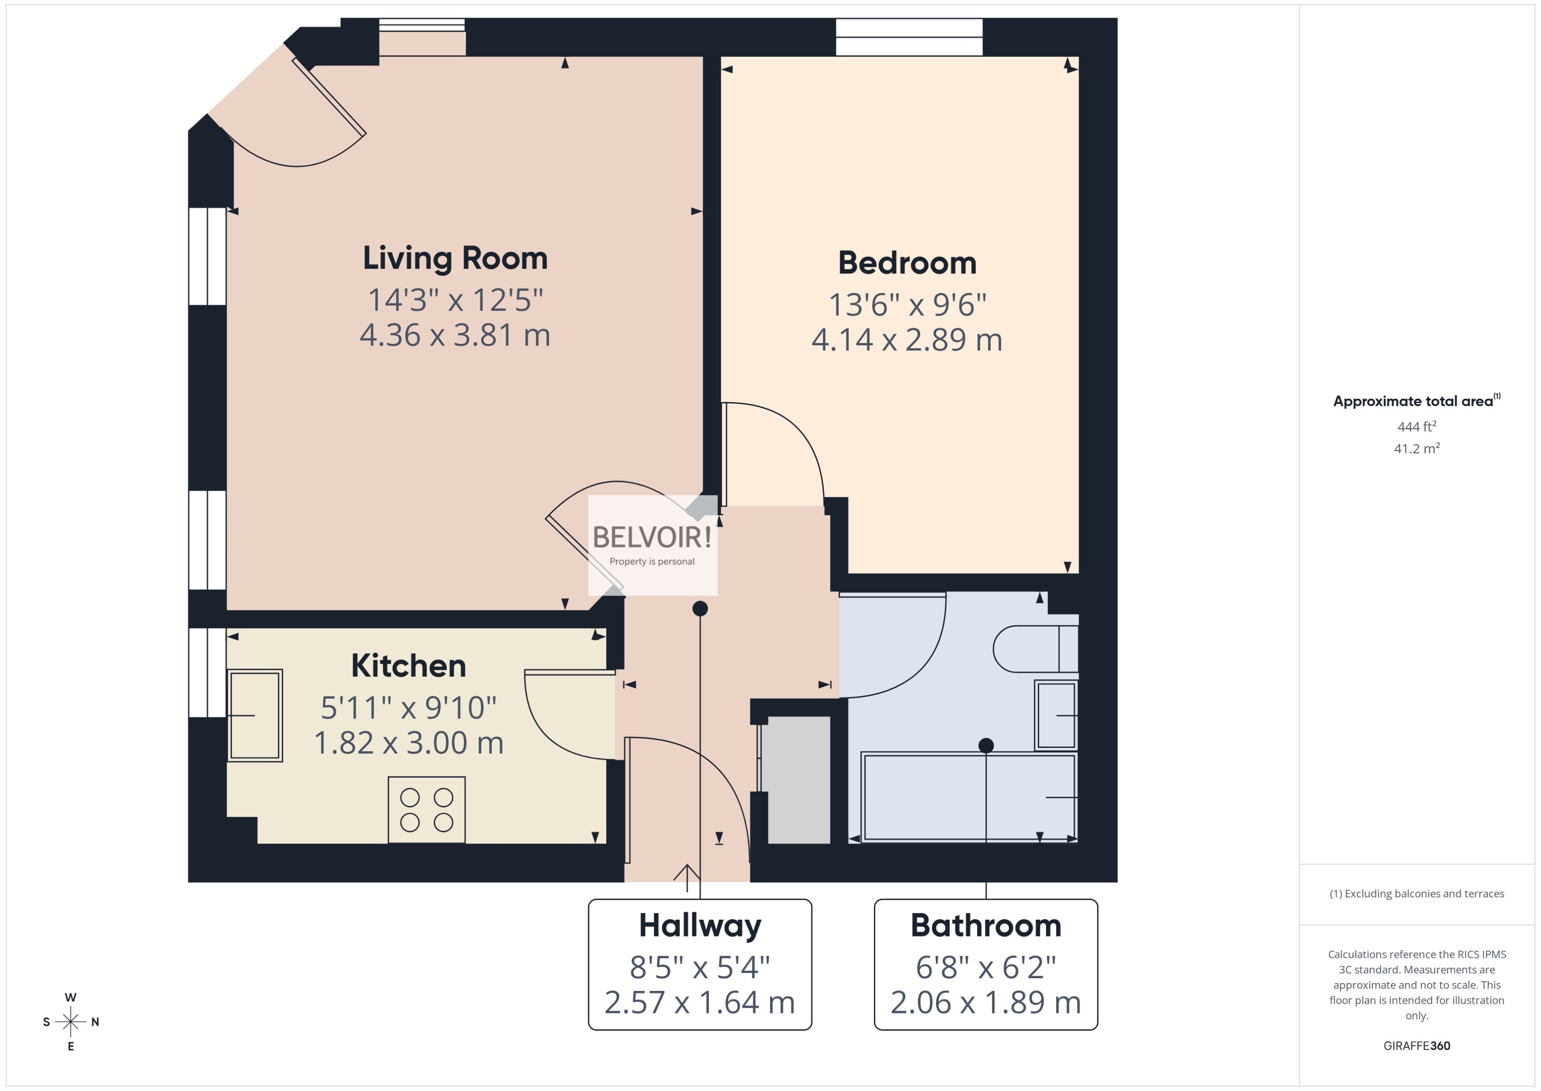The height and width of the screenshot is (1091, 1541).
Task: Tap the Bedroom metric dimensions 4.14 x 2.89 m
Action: pos(907,340)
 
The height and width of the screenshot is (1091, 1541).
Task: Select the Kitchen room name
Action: pos(408,666)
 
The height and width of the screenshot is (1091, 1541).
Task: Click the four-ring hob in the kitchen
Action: pos(426,810)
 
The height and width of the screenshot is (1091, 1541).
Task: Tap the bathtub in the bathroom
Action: pos(969,797)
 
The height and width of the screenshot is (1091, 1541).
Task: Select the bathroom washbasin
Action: pos(1056,715)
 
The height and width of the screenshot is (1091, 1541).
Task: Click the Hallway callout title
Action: pos(700,926)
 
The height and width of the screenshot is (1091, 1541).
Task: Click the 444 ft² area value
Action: pos(1416,427)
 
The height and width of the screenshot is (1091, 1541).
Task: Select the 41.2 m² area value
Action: pos(1416,448)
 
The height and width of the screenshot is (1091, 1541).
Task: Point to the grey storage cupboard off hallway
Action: pos(798,779)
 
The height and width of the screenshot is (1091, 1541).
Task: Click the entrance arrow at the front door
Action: pos(687,876)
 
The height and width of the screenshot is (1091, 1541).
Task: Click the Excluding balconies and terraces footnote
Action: pos(1416,894)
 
